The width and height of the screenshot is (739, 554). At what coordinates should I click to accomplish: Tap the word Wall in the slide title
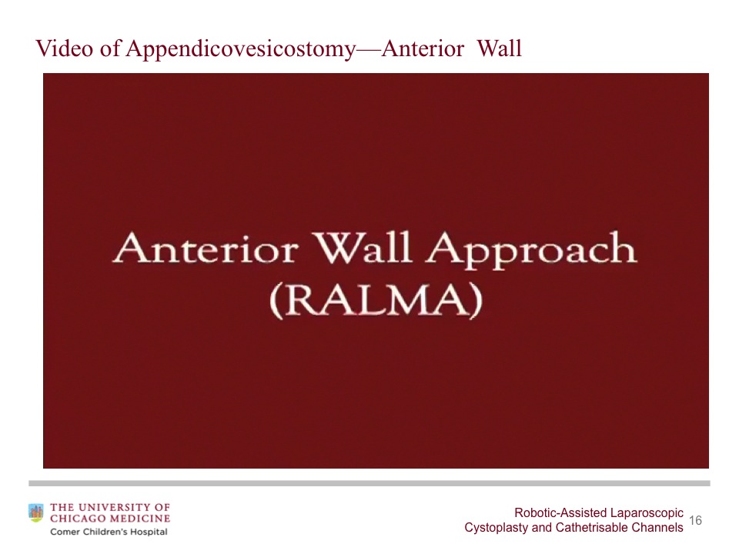500,49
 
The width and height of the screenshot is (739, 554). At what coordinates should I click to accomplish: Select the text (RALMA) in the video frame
376,301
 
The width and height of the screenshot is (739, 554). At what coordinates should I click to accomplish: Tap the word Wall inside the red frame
363,250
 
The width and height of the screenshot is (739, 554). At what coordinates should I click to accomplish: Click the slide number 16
695,521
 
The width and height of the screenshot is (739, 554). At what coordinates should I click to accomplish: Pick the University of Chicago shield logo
36,512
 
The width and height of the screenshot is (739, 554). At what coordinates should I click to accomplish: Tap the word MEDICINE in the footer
139,519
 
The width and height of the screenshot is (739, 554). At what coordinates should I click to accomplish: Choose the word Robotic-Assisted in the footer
560,513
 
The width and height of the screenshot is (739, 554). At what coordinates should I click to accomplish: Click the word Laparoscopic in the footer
647,513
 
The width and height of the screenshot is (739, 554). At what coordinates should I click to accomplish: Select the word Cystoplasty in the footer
495,528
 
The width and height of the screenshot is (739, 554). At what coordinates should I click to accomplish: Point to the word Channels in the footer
656,528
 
